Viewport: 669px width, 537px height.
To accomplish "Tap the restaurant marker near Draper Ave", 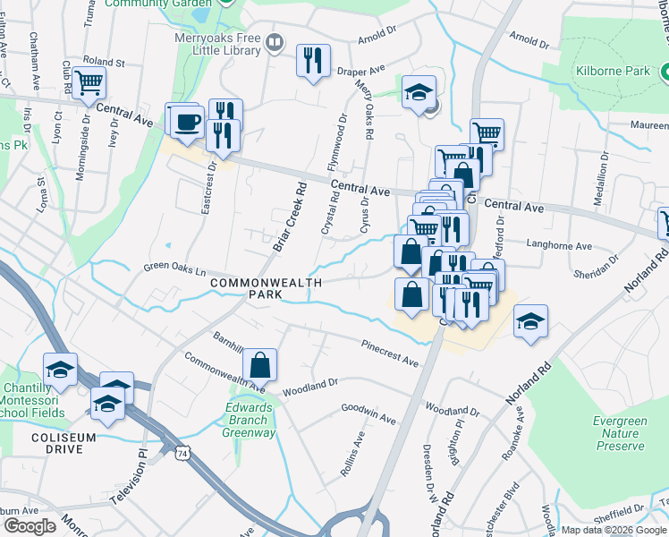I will click(313, 61).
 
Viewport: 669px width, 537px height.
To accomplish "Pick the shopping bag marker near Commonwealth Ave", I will click(259, 365).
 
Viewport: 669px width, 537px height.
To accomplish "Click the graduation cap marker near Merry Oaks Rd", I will click(419, 93).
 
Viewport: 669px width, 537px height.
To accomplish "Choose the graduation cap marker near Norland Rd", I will click(530, 322).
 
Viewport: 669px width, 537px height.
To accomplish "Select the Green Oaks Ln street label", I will click(175, 268).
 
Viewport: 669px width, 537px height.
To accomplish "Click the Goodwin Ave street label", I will click(368, 413).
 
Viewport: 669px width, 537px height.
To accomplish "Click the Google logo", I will click(30, 526).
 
